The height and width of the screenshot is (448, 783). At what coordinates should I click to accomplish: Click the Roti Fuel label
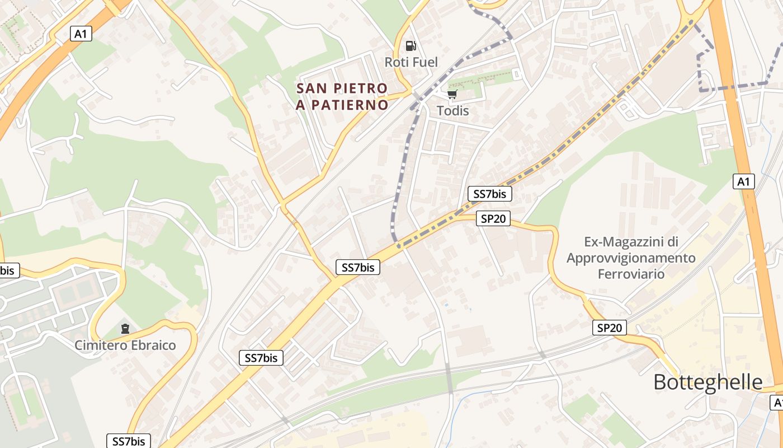click(411, 62)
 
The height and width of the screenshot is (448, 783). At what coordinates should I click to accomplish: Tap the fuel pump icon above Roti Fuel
click(411, 45)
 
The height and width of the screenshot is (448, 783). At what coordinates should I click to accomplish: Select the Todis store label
click(452, 110)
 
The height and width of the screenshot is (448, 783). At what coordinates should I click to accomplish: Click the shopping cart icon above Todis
click(452, 94)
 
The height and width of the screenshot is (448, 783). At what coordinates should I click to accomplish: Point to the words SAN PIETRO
click(342, 88)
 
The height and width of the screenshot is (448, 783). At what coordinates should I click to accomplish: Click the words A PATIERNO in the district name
click(342, 105)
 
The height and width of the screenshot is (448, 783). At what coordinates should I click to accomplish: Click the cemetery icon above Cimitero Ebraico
click(125, 328)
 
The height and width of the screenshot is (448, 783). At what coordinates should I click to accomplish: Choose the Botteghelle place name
click(707, 382)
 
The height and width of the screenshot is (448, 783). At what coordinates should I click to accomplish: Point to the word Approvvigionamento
click(631, 258)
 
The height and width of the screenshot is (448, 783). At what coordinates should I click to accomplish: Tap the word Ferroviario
click(631, 274)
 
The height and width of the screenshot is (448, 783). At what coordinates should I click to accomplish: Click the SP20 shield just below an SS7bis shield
click(493, 218)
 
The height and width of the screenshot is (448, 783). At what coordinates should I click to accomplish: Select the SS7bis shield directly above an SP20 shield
click(490, 194)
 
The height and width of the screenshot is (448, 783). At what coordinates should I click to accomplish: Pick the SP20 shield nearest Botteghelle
click(609, 328)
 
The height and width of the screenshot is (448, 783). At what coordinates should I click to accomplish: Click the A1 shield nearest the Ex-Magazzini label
click(743, 181)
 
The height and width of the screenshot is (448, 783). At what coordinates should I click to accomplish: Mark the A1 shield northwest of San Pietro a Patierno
click(81, 34)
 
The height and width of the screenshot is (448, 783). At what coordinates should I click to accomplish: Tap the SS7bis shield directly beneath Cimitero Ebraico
click(129, 441)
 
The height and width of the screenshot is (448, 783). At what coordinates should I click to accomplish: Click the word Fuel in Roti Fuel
click(425, 62)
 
